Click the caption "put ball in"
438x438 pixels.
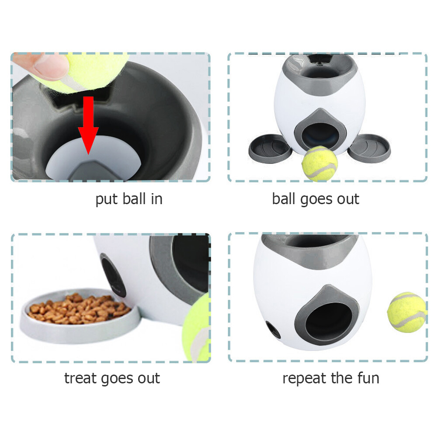click(x=129, y=199)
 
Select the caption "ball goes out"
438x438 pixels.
click(x=316, y=199)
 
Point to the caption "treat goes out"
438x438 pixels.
click(x=112, y=378)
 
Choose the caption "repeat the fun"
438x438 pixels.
click(x=330, y=378)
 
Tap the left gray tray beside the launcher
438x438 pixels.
click(x=270, y=149)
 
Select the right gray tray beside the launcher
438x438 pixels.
click(x=370, y=148)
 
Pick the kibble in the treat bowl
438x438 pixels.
click(x=79, y=308)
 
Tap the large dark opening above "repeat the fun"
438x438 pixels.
click(x=326, y=321)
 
